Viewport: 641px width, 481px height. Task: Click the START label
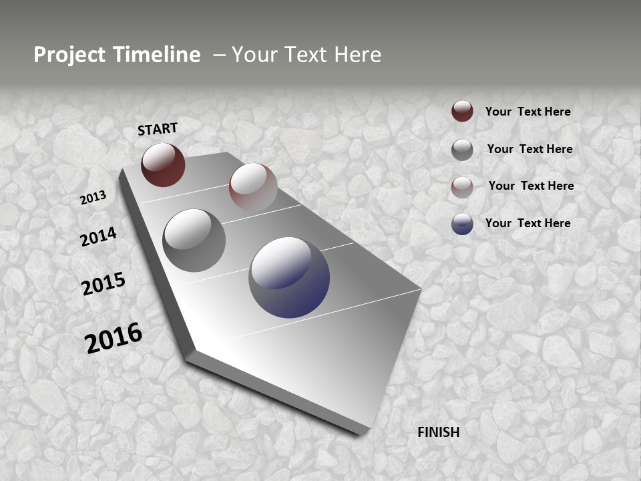coord(158,129)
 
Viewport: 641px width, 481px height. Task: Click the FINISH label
coord(439,432)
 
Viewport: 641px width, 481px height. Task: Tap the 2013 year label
coord(93,198)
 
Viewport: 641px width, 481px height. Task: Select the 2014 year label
coord(99,237)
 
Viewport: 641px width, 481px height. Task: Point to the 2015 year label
coord(103,284)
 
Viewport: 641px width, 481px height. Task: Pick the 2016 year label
coord(114,338)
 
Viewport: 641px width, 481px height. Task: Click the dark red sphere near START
coord(163,165)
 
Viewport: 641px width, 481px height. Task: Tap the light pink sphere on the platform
coord(253,186)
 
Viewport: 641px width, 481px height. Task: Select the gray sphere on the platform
coord(194,240)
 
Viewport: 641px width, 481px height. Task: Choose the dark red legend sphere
coord(462,112)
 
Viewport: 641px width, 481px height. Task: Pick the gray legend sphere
coord(462,150)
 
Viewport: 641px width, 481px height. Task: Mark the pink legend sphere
coord(462,187)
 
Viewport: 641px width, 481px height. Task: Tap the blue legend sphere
coord(462,224)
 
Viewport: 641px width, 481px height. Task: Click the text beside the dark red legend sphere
coord(527,112)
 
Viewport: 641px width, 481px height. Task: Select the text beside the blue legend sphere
coord(527,223)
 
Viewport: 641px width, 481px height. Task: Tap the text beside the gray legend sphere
coord(529,149)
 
